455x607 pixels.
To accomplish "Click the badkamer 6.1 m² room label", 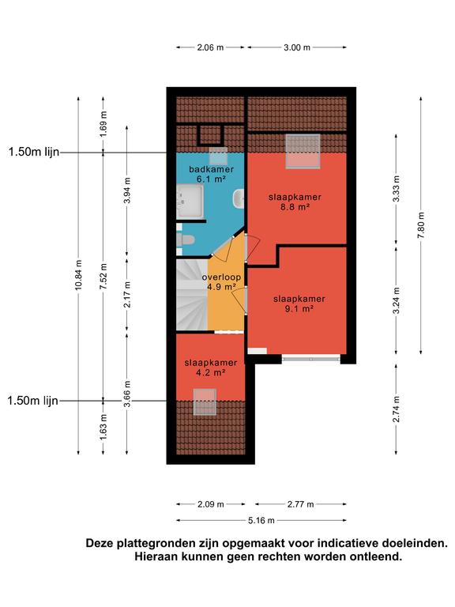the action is pyautogui.click(x=211, y=174).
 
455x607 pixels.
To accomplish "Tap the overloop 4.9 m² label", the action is pyautogui.click(x=221, y=282).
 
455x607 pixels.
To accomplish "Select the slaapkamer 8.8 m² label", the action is pyautogui.click(x=295, y=202).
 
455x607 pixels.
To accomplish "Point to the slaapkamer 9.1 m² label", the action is pyautogui.click(x=299, y=303).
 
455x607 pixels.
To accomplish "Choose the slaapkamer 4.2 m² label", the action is pyautogui.click(x=210, y=368).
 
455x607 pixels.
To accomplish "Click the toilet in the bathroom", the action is pyautogui.click(x=186, y=240).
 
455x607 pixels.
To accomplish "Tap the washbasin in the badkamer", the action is pyautogui.click(x=239, y=199).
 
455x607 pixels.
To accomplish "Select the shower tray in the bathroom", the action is pyautogui.click(x=190, y=202).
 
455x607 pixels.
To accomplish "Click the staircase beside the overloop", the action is pyautogui.click(x=192, y=295).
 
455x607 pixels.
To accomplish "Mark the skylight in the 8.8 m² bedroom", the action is pyautogui.click(x=303, y=152).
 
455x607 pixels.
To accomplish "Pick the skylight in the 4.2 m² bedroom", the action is pyautogui.click(x=205, y=402).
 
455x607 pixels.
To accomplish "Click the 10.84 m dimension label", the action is pyautogui.click(x=78, y=275).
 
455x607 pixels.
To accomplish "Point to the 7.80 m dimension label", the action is pyautogui.click(x=421, y=225).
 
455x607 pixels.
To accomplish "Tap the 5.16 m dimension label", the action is pyautogui.click(x=261, y=521).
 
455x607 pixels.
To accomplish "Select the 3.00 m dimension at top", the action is pyautogui.click(x=297, y=47).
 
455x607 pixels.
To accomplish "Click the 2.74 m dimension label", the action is pyautogui.click(x=396, y=409).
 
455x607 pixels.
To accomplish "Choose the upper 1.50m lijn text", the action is pyautogui.click(x=34, y=152).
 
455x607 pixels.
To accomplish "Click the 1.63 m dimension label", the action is pyautogui.click(x=103, y=427).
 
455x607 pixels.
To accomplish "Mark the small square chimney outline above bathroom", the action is pyautogui.click(x=211, y=134).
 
